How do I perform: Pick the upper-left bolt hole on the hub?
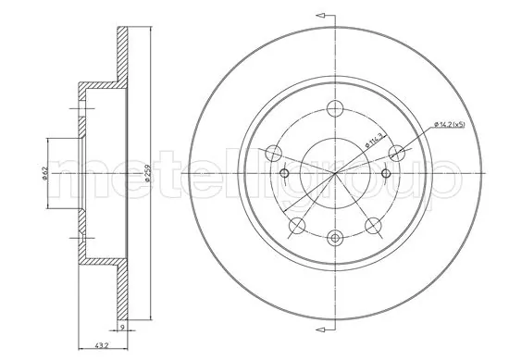(272, 154)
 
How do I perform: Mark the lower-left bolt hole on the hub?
(296, 227)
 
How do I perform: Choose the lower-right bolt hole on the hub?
(373, 227)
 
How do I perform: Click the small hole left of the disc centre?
(285, 174)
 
